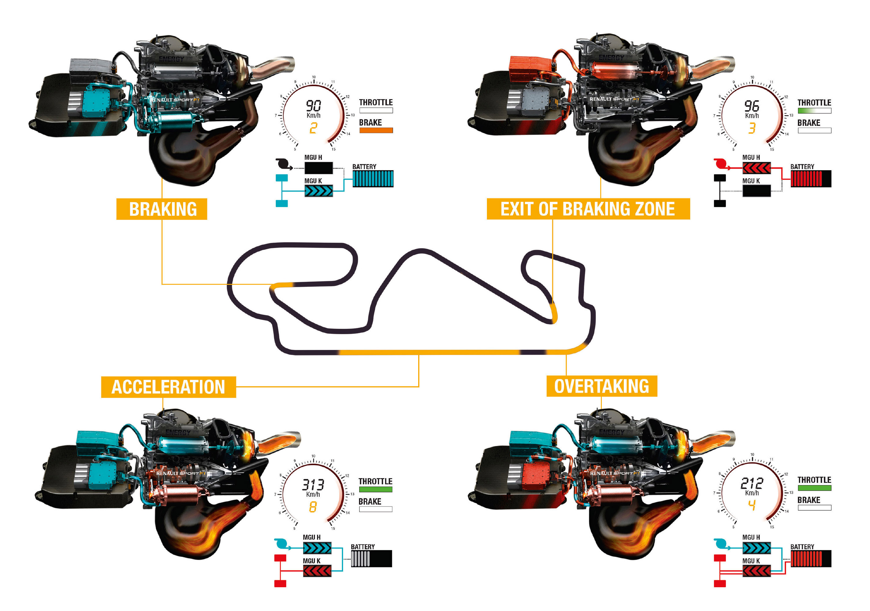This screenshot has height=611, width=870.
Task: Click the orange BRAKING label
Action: [x=162, y=209]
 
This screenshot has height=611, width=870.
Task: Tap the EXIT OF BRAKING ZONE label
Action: [x=588, y=209]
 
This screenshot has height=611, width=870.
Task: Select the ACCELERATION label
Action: [x=168, y=387]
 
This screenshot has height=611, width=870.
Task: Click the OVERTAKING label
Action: [x=601, y=386]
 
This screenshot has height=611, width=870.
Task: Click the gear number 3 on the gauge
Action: [x=752, y=128]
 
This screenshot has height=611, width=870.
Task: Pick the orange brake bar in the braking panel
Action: [x=376, y=130]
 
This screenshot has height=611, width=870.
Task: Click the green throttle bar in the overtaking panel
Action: [x=814, y=488]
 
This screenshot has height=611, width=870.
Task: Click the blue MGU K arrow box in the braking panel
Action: [x=319, y=191]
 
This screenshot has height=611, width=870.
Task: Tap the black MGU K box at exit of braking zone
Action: [x=756, y=191]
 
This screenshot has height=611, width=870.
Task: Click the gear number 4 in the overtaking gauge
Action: [x=752, y=505]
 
